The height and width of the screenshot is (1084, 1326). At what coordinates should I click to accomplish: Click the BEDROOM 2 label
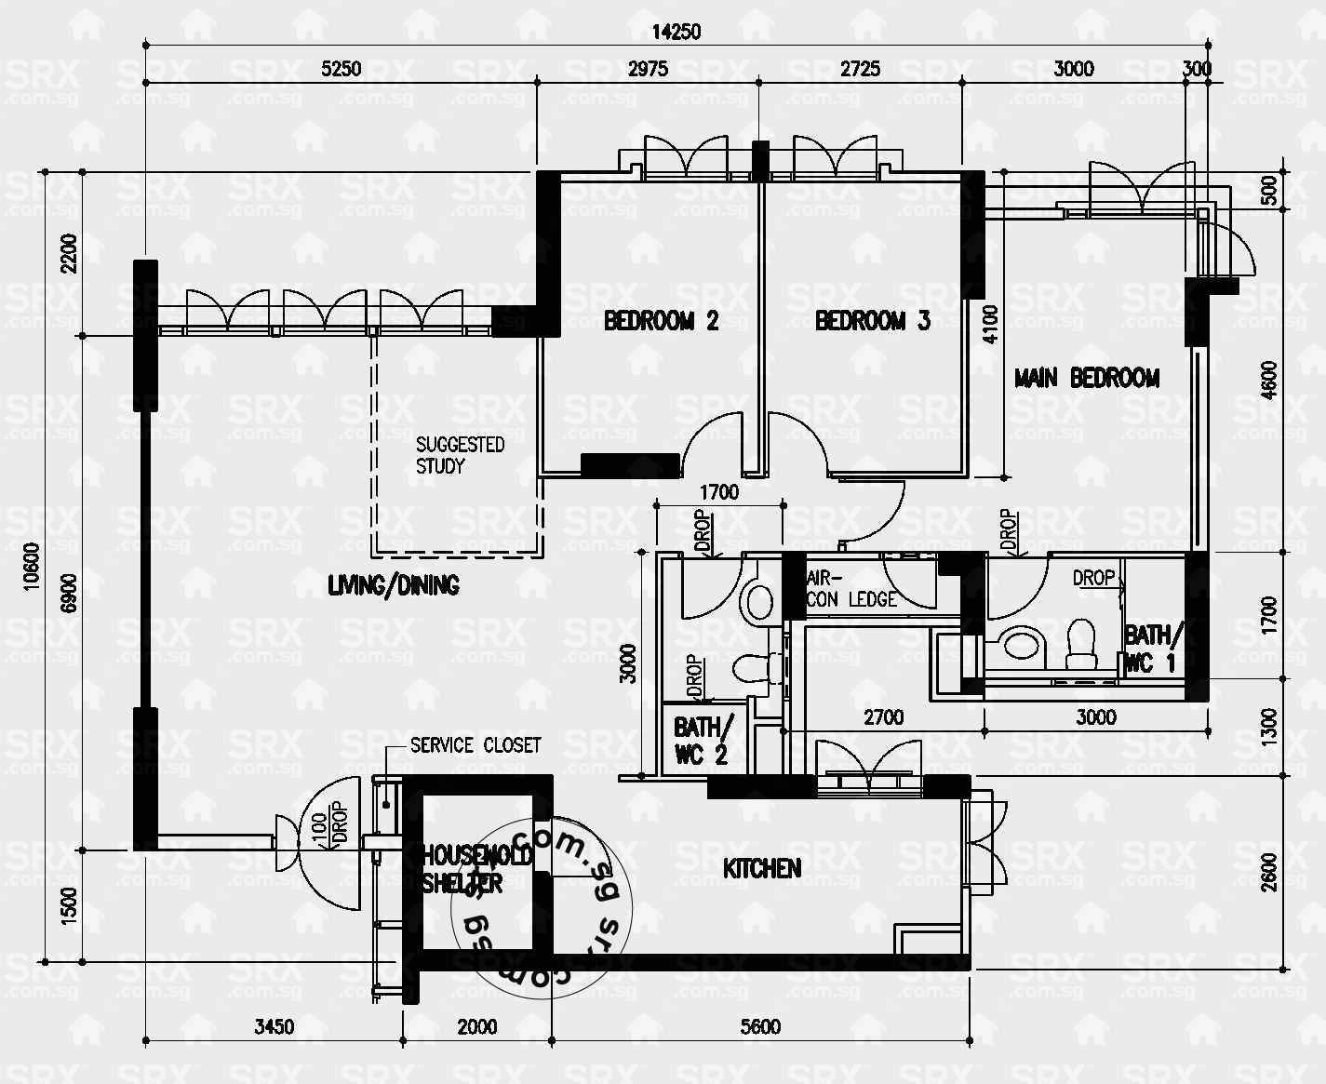[x=661, y=321]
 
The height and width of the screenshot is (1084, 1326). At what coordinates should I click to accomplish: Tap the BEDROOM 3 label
[x=872, y=321]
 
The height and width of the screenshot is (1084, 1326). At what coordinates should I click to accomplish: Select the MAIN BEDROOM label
[x=1086, y=378]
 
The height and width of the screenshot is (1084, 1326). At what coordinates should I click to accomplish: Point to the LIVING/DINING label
[x=393, y=585]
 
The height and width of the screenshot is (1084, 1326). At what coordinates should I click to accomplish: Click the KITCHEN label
[x=761, y=868]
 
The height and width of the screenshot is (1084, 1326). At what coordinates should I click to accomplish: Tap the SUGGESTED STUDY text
[x=459, y=455]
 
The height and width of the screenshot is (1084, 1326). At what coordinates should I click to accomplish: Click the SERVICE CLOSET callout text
[x=475, y=745]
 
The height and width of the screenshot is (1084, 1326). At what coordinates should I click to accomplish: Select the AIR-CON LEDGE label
[x=851, y=589]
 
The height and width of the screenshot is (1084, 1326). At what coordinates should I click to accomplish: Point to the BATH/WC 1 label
[x=1154, y=649]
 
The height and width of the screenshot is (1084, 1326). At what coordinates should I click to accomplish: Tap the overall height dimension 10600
[x=33, y=593]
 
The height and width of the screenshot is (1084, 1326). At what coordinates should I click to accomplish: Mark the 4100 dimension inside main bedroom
[x=989, y=325]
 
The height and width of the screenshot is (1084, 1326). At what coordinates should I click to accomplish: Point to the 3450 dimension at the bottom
[x=274, y=1026]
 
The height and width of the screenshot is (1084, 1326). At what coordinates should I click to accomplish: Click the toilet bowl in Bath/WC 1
[x=1080, y=644]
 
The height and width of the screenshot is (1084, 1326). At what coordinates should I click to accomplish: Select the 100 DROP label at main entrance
[x=328, y=827]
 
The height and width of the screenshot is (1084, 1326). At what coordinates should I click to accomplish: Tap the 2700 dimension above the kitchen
[x=882, y=717]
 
